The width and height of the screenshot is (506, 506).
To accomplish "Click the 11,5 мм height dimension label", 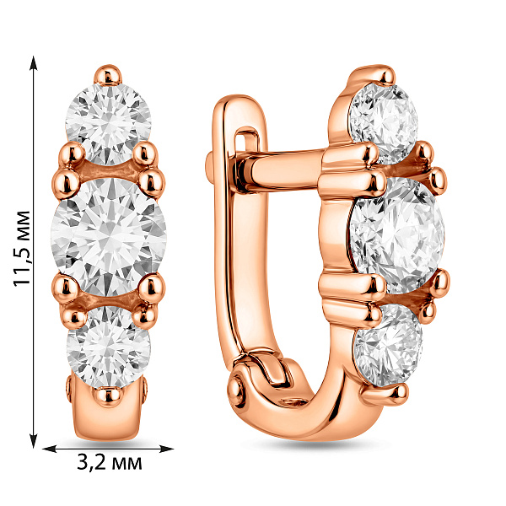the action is tap(22, 248).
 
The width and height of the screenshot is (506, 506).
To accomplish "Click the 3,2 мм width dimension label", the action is tap(110, 463).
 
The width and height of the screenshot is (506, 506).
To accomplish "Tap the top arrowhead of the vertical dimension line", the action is tap(34, 63).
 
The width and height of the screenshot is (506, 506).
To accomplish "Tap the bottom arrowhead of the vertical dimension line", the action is tap(34, 441).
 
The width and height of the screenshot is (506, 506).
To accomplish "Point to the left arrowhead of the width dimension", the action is tap(50, 449).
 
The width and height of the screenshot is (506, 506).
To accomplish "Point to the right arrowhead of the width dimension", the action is tap(166, 449).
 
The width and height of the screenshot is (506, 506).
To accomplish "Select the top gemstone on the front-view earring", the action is tap(108, 124).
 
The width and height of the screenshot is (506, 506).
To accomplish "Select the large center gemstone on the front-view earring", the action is tap(109, 236).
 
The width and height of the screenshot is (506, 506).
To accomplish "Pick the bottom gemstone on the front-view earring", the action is tap(109, 347).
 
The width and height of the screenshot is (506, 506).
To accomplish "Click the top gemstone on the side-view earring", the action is tap(384, 123).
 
